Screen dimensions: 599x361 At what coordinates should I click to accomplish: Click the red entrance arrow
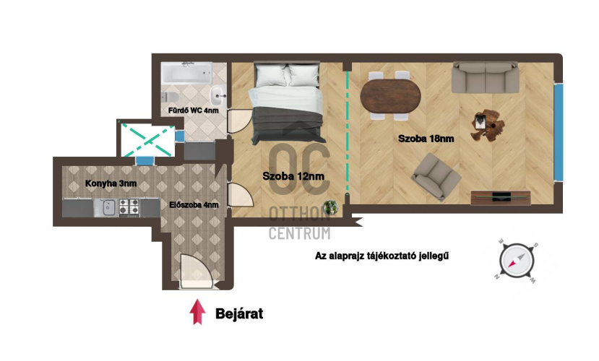197,312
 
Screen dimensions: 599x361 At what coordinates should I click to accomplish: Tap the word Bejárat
239,313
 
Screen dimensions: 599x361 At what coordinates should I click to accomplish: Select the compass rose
517,261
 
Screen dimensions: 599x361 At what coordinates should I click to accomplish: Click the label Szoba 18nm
426,139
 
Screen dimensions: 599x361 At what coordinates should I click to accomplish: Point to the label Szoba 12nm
293,176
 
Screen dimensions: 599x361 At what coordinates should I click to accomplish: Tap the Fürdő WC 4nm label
194,110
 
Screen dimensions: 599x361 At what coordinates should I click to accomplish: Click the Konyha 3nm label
111,183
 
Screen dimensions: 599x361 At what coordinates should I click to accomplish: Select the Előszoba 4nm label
194,205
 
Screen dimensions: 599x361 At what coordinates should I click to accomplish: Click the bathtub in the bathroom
186,73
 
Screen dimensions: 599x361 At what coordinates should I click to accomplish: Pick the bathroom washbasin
217,95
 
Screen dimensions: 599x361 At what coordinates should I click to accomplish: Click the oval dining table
390,96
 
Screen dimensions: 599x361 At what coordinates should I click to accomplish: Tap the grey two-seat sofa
485,77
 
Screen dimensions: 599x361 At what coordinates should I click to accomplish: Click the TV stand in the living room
501,198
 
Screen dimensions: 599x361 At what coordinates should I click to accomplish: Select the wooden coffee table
487,126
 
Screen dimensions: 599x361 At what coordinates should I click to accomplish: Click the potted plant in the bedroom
330,208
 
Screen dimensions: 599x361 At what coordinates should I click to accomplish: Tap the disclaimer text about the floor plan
382,256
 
